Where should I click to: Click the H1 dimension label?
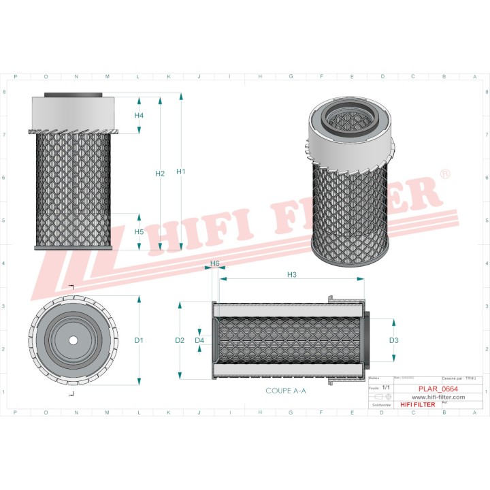pyautogui.click(x=181, y=171)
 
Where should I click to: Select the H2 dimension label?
pyautogui.click(x=160, y=174)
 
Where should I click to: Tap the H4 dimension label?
pyautogui.click(x=139, y=115)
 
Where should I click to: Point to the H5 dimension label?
pyautogui.click(x=139, y=232)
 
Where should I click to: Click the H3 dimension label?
pyautogui.click(x=291, y=274)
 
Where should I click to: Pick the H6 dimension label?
pyautogui.click(x=214, y=263)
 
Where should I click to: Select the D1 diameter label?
pyautogui.click(x=139, y=340)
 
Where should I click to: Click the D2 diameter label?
pyautogui.click(x=180, y=340)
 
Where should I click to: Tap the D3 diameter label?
pyautogui.click(x=393, y=340)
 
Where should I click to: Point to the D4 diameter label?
pyautogui.click(x=199, y=340)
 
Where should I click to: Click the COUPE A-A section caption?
pyautogui.click(x=286, y=391)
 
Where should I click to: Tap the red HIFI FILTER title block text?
pyautogui.click(x=417, y=404)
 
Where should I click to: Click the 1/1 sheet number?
pyautogui.click(x=386, y=387)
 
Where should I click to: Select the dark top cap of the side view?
pyautogui.click(x=73, y=95)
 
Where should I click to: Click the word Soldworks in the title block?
pyautogui.click(x=378, y=404)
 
